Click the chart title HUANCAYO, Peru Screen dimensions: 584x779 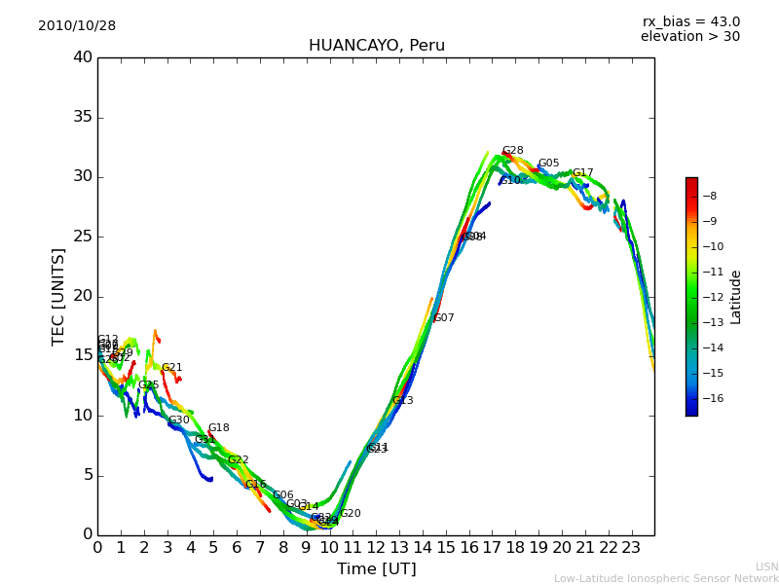click(376, 46)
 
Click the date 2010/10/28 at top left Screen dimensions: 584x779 click(77, 26)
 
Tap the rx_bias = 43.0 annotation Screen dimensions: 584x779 click(690, 22)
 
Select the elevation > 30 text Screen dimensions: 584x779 click(689, 37)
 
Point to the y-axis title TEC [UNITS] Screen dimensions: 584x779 click(58, 296)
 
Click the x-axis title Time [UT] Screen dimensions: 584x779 click(376, 569)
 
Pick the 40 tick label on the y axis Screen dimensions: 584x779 click(83, 57)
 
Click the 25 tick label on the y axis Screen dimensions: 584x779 click(83, 237)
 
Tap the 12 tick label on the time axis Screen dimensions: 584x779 click(376, 547)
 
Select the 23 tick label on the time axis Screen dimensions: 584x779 click(631, 547)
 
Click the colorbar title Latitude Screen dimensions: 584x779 click(736, 296)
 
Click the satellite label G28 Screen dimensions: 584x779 click(513, 151)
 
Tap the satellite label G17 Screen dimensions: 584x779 click(582, 173)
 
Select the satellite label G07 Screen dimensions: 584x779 click(444, 318)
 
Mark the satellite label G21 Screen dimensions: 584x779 click(172, 368)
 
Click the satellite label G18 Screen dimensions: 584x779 click(219, 428)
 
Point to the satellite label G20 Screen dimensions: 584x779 click(351, 514)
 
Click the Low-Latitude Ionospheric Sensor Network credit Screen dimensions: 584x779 click(666, 579)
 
